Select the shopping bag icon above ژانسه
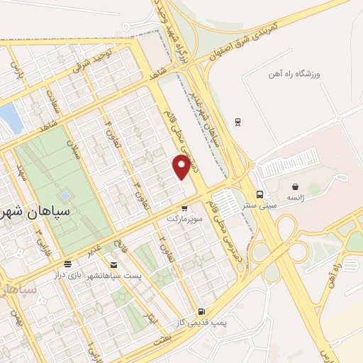294,186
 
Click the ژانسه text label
294,199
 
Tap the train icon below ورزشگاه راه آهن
238,121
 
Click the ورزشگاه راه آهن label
295,73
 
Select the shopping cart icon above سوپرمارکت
184,208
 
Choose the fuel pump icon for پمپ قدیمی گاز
201,311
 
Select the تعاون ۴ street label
109,130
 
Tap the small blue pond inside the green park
65,195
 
